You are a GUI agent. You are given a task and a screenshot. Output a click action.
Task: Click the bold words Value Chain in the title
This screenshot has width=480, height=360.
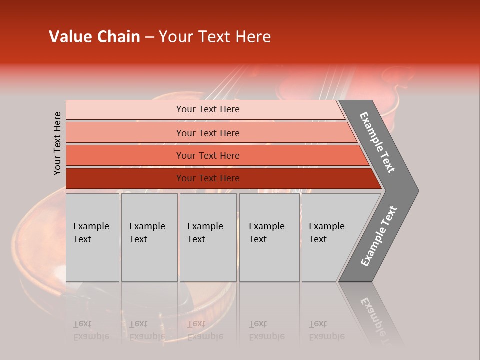tap(94, 37)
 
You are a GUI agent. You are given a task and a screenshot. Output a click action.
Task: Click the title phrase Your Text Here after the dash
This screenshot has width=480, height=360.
tap(215, 37)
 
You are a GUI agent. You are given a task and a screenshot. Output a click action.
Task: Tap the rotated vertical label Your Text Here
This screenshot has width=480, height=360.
tap(57, 143)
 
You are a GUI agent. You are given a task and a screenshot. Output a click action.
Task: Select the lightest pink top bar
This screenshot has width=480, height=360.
tap(125, 110)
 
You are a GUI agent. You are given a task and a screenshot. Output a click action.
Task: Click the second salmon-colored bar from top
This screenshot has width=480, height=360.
tap(125, 133)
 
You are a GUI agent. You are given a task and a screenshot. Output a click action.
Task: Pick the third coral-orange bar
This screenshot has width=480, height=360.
tap(125, 155)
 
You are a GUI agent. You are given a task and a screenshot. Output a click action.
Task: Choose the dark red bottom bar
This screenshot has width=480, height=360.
tap(125, 178)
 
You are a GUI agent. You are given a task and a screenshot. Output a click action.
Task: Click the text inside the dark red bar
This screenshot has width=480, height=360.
tap(208, 178)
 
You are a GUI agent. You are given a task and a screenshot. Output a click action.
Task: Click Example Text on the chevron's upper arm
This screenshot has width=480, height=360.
tap(377, 142)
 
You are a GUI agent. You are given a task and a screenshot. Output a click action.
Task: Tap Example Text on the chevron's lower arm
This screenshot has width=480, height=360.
tap(378, 236)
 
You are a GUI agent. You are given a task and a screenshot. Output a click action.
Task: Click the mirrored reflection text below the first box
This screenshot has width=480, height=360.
tap(91, 330)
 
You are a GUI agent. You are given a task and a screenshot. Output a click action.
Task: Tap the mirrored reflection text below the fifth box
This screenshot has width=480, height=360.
tap(326, 330)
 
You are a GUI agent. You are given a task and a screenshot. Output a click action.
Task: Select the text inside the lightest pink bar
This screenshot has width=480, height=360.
tap(208, 109)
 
